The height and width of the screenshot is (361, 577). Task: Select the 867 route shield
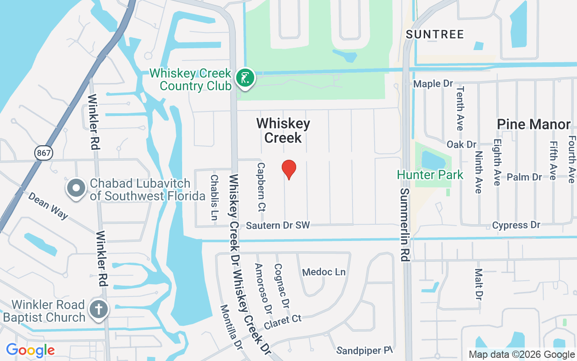tap(44, 153)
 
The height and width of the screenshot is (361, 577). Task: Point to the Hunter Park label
tap(430, 175)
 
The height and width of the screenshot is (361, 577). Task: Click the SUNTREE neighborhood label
tap(435, 34)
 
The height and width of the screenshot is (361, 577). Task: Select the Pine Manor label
tap(534, 124)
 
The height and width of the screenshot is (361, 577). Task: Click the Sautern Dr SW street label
tap(278, 225)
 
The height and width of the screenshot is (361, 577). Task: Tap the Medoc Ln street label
tap(324, 272)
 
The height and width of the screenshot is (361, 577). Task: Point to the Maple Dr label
tap(433, 84)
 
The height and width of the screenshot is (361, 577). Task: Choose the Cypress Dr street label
tap(516, 225)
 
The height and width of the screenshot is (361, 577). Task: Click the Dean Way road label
tap(48, 205)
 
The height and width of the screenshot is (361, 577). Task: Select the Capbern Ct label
tap(261, 187)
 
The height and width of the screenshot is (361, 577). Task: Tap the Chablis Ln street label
tap(215, 197)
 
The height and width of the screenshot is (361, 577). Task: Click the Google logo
tap(30, 350)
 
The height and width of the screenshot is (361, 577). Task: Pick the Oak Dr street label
tap(462, 144)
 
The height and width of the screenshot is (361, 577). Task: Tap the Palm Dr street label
tap(524, 177)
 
